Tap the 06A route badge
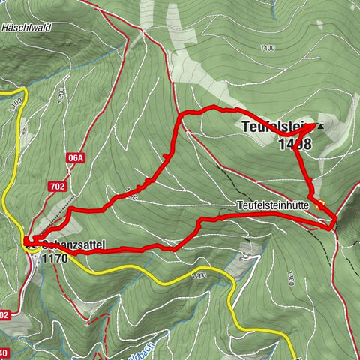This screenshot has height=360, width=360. click(75, 158)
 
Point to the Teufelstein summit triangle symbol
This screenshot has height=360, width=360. click(322, 127)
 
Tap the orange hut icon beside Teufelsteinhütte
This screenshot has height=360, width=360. click(320, 202)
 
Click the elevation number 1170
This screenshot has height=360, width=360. click(55, 258)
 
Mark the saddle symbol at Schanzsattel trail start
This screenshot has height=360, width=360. click(28, 241)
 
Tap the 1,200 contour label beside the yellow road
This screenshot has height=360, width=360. click(199, 275)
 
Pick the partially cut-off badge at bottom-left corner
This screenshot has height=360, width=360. click(4, 353)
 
